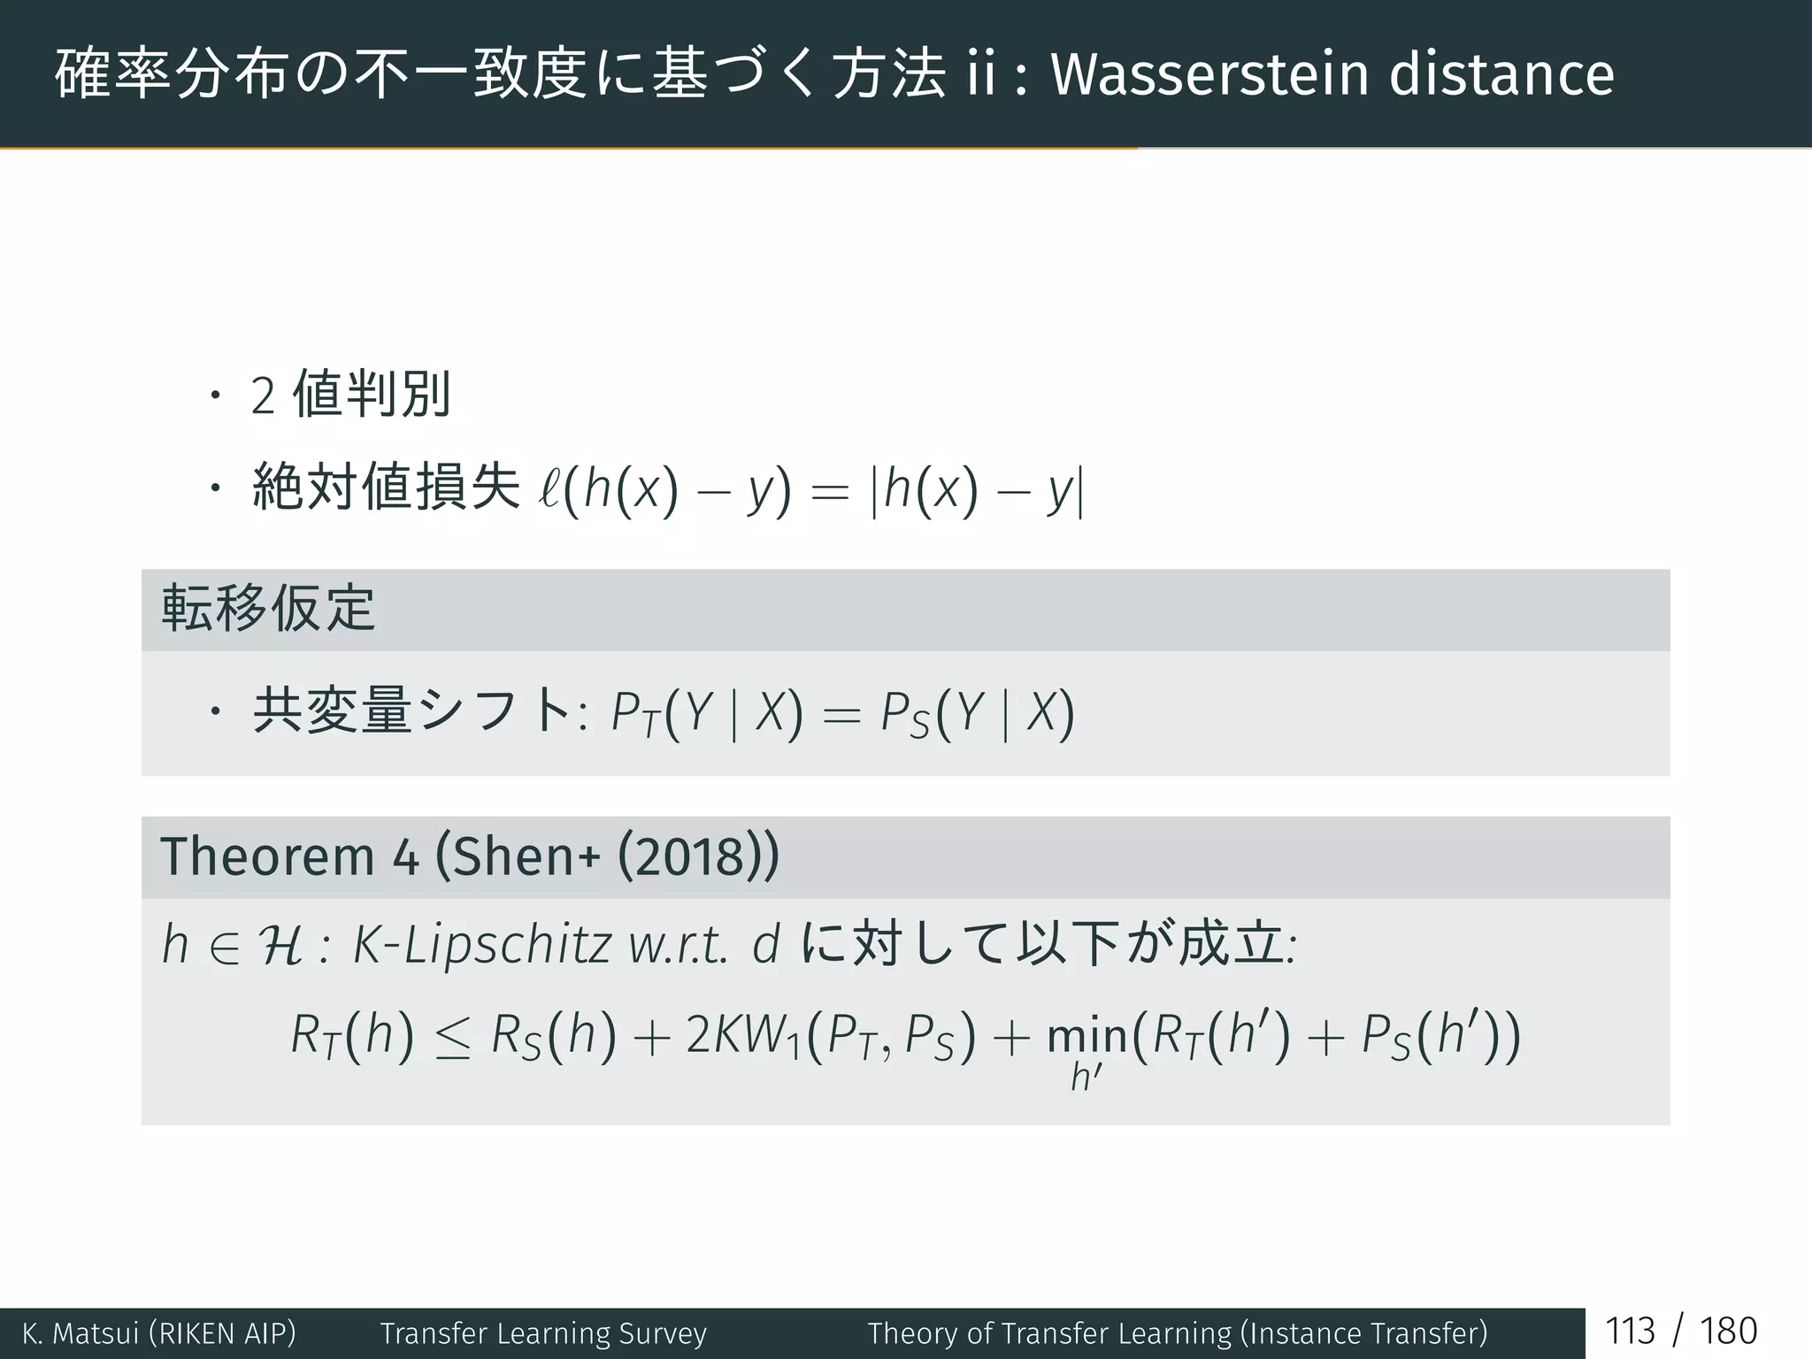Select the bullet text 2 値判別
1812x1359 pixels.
[351, 395]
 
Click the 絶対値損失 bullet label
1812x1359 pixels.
[386, 488]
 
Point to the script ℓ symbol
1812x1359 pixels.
[549, 489]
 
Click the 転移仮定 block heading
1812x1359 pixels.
[268, 610]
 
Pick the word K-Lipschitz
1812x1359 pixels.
[481, 945]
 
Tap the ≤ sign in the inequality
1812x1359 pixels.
[453, 1037]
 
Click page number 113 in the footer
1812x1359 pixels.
[1630, 1332]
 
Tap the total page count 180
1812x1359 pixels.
[1728, 1332]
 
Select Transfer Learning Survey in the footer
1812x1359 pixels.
[543, 1333]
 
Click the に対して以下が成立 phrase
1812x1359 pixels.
[1044, 944]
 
